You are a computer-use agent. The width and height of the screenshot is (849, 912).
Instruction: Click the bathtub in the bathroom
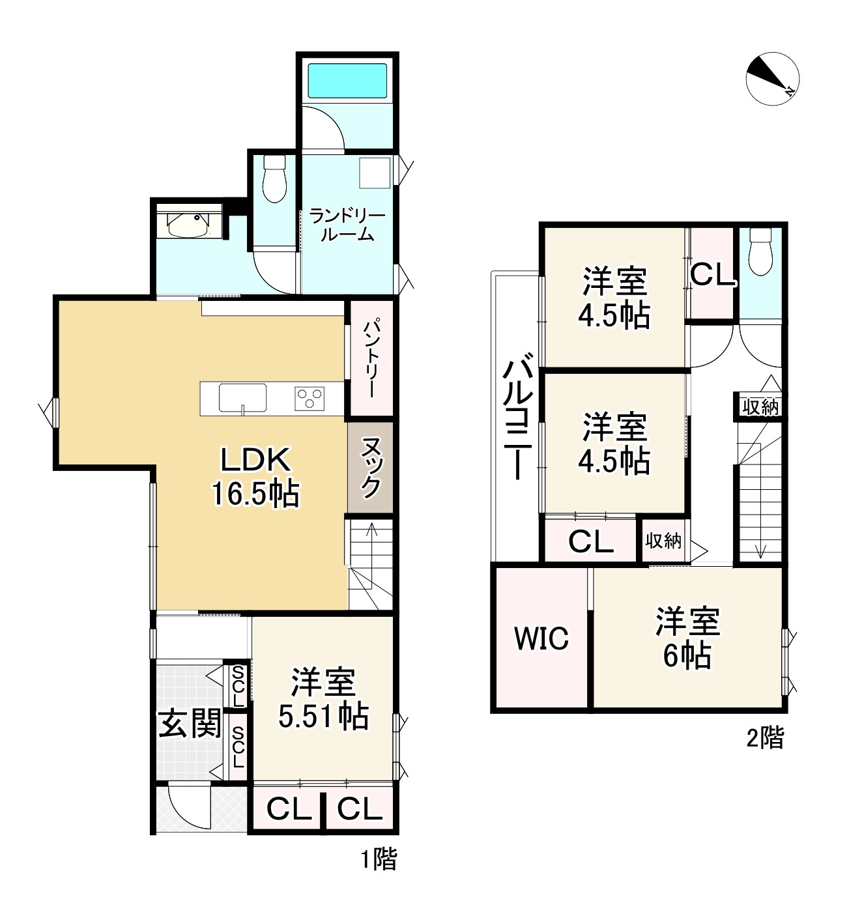click(347, 81)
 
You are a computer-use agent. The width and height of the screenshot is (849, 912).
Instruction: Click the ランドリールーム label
click(347, 225)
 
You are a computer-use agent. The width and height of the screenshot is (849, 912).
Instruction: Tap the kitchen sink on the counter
click(242, 397)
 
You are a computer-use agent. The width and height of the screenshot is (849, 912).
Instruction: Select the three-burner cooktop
click(310, 397)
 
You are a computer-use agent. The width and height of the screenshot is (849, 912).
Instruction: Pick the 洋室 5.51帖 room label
click(323, 700)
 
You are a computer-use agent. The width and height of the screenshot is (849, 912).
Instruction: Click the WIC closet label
click(541, 638)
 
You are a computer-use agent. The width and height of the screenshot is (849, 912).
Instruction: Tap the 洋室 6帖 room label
click(687, 638)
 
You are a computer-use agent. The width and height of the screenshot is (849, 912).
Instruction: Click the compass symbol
click(773, 78)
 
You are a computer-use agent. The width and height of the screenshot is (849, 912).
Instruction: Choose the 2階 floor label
click(765, 739)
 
